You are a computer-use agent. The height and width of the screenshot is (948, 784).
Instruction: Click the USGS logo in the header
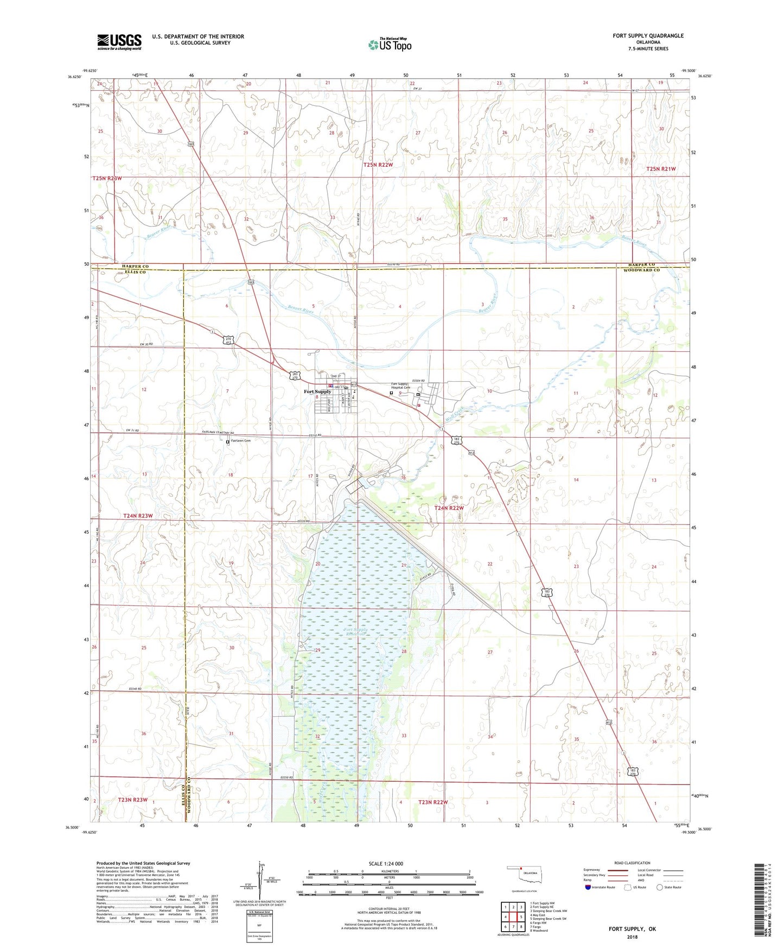119,42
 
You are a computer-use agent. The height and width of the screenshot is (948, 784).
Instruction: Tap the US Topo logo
390,44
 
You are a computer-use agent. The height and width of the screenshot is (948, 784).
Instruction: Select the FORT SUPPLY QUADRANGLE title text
648,36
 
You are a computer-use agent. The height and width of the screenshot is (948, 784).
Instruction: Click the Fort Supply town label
317,391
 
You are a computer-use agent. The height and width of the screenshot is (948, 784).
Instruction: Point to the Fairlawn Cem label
240,441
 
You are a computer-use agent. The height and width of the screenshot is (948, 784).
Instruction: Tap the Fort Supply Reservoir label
356,632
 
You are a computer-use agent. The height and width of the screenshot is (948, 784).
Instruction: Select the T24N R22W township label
449,508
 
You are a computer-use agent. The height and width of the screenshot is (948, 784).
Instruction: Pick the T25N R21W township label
661,169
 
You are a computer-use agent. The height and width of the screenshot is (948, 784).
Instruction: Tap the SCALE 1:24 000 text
386,863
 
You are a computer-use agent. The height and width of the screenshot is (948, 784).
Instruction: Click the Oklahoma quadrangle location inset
524,878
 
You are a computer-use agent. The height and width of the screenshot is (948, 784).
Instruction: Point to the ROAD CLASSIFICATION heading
632,863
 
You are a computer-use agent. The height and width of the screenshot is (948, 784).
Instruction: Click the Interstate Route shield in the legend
589,888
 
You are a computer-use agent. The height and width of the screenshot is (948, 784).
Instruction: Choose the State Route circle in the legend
660,888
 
